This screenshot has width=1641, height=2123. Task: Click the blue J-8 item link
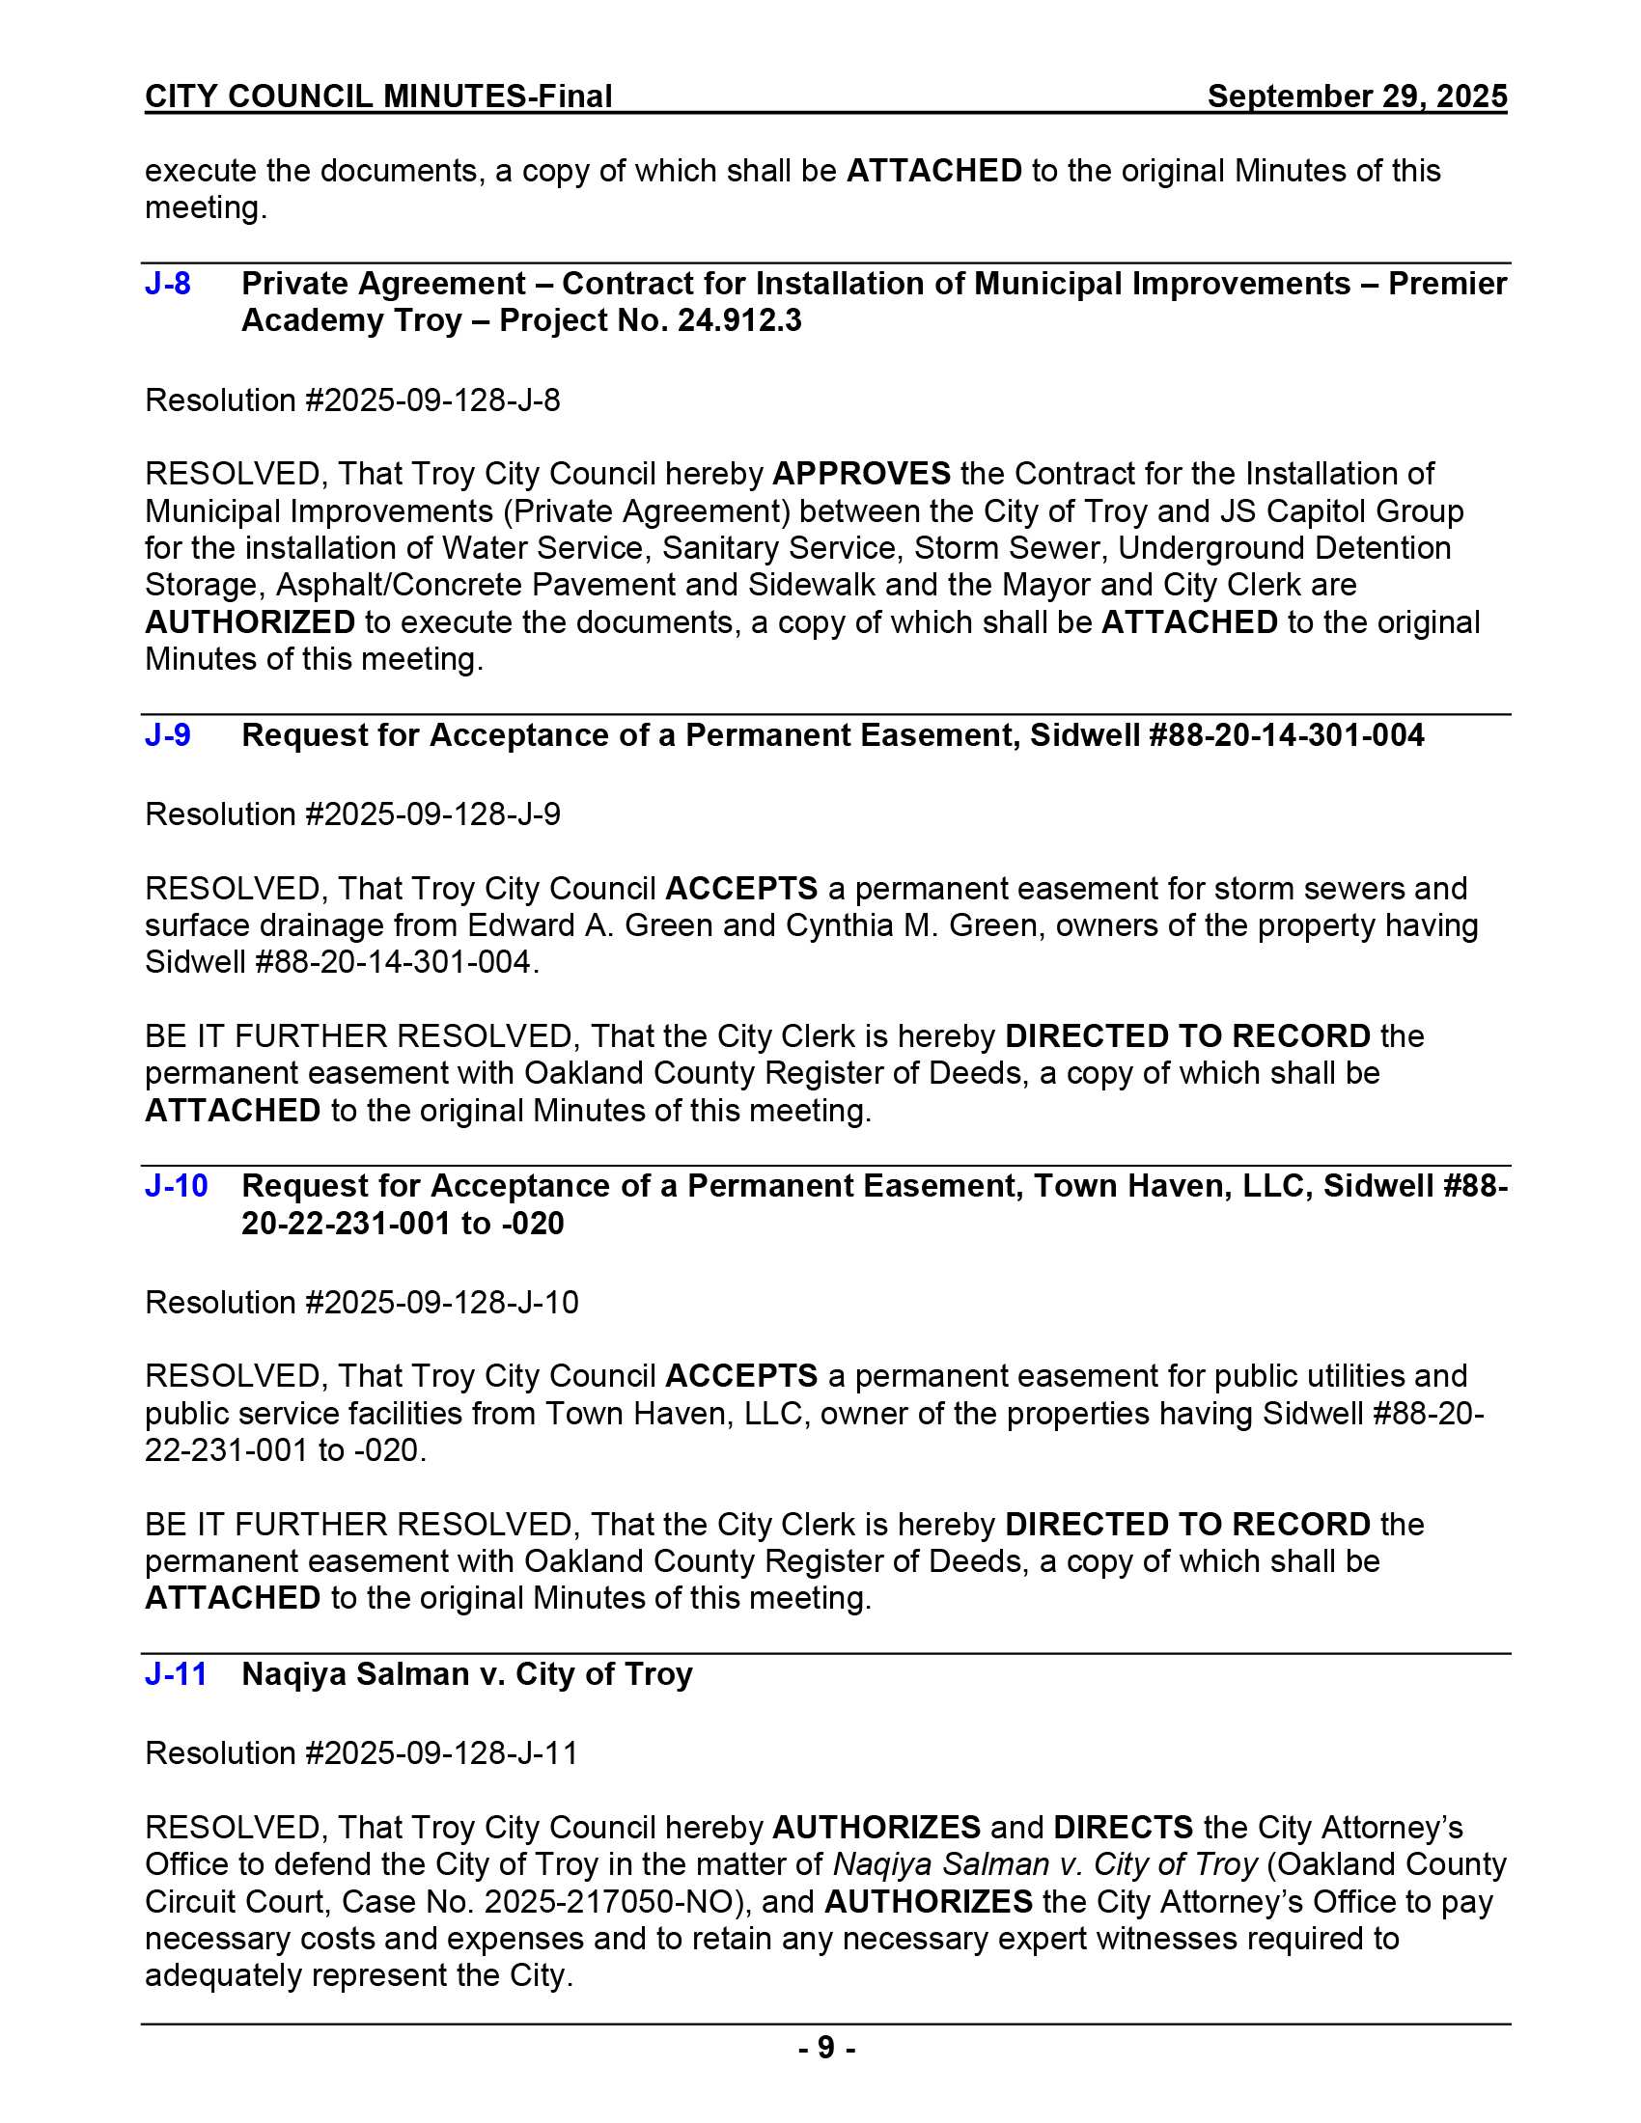(x=167, y=284)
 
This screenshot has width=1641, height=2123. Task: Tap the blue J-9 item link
(x=167, y=736)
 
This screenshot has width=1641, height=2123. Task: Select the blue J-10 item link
(x=176, y=1187)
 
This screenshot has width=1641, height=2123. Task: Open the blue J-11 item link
(x=176, y=1675)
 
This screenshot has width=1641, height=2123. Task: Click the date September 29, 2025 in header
(x=1356, y=96)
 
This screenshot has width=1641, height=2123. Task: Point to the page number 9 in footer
(x=825, y=2048)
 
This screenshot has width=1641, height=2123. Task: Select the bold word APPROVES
(x=860, y=475)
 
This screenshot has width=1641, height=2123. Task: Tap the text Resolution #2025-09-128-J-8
(x=352, y=400)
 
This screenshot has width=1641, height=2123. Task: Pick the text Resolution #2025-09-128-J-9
(x=352, y=814)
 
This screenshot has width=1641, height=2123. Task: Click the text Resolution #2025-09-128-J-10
(x=361, y=1303)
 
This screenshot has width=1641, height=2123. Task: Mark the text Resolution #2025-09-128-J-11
(x=361, y=1753)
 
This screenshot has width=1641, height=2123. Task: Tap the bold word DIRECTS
(x=1123, y=1828)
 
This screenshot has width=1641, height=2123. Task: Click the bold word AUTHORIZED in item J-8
(x=250, y=622)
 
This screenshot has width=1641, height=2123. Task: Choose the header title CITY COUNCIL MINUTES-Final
(x=378, y=96)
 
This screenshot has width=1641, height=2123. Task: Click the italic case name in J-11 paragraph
(x=1045, y=1864)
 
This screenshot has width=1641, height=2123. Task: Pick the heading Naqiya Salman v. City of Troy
(x=466, y=1675)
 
